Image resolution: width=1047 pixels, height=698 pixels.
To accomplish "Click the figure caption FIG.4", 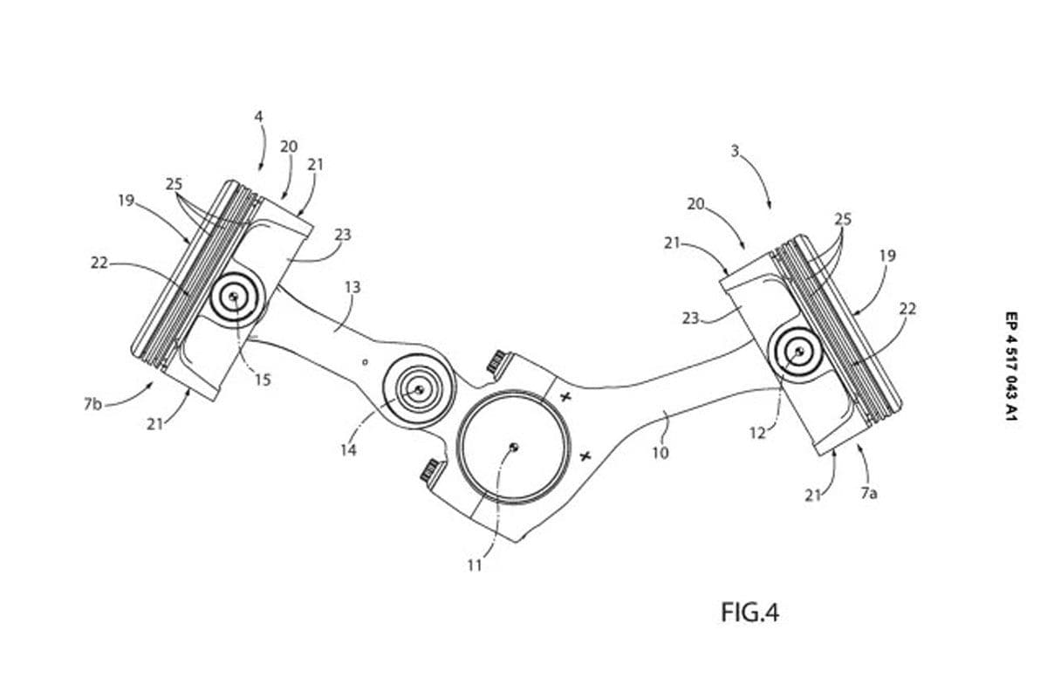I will coord(749,612).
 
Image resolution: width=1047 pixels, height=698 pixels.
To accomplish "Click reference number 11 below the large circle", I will coord(475,565).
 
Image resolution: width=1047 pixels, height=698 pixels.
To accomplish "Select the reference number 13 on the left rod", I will coord(352,287).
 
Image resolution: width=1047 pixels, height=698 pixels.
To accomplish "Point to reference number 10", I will coord(660,453).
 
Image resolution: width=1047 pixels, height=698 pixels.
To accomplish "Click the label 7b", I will coord(92,405).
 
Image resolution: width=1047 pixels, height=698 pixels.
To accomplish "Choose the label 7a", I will coord(868,493).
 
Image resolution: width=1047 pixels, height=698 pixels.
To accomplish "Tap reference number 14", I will coord(348,450).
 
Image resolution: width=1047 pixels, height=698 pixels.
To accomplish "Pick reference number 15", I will coord(263,380).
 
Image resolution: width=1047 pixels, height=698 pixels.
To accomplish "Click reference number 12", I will coord(758,432).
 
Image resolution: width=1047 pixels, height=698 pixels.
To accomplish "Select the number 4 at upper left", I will coord(258,115).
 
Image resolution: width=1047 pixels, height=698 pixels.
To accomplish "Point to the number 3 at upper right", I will coord(736,151).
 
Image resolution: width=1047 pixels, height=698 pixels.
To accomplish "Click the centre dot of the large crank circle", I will coord(515,447).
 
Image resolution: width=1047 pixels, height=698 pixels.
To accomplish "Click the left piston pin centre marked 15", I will coord(234,298).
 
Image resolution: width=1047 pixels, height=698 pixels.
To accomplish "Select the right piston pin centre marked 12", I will coord(798,352).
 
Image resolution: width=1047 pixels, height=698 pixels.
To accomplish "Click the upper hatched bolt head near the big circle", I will coord(497,360).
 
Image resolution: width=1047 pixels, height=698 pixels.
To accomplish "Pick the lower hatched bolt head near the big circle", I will coord(428,472).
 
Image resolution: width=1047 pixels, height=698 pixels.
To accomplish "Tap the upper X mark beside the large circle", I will coord(565,397).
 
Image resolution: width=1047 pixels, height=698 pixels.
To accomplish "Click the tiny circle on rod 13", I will coord(366,359).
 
